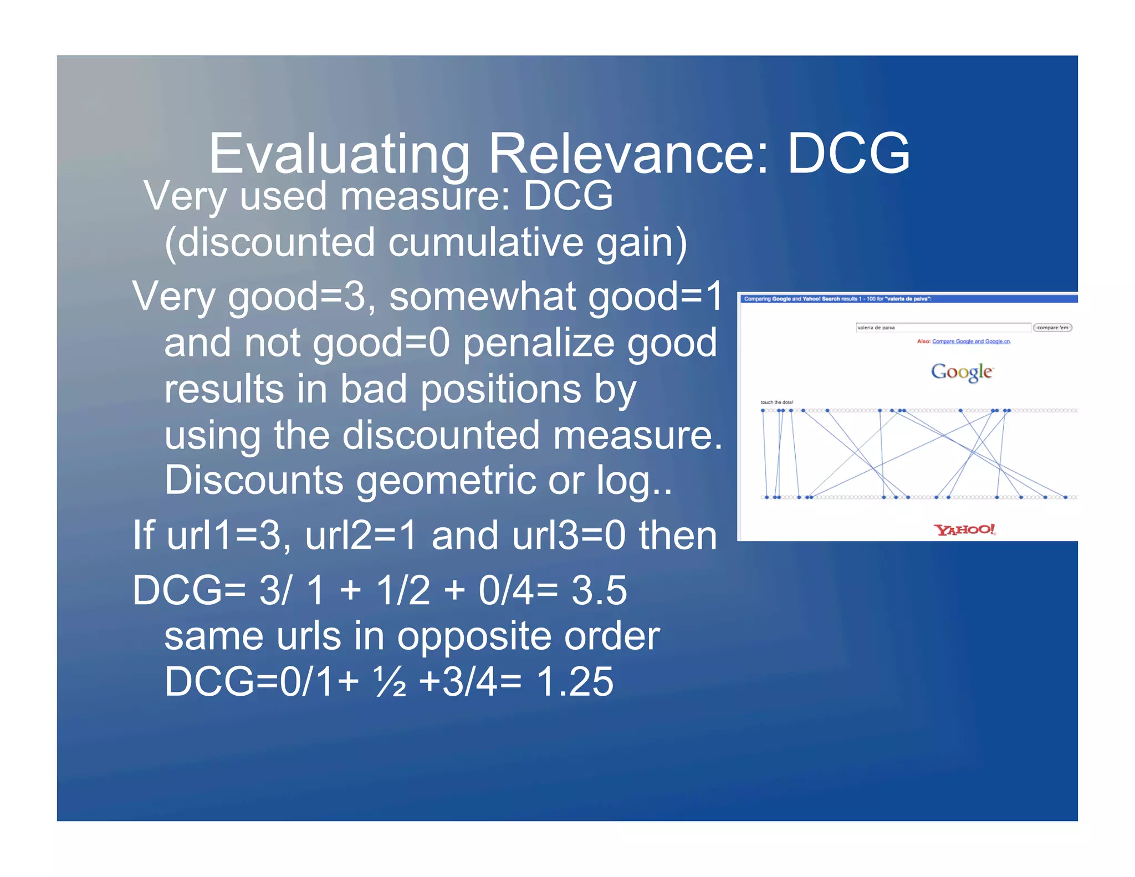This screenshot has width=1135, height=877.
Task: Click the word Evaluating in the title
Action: pos(339,154)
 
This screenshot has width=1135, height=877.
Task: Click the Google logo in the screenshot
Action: pos(962,371)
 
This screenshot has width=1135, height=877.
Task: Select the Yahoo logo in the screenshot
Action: pos(964,529)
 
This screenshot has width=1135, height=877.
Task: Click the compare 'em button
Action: pos(1052,328)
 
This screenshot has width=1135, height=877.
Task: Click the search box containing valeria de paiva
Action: pos(942,328)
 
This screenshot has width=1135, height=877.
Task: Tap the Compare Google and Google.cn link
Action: pos(971,341)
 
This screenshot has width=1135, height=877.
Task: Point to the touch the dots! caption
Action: pos(776,402)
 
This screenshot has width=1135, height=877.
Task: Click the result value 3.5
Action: pos(599,590)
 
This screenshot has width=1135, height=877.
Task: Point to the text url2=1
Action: pos(360,536)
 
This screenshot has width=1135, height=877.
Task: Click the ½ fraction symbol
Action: pos(390,681)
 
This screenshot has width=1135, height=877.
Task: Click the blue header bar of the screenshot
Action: pos(909,299)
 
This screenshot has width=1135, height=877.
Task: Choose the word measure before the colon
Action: pos(417,196)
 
